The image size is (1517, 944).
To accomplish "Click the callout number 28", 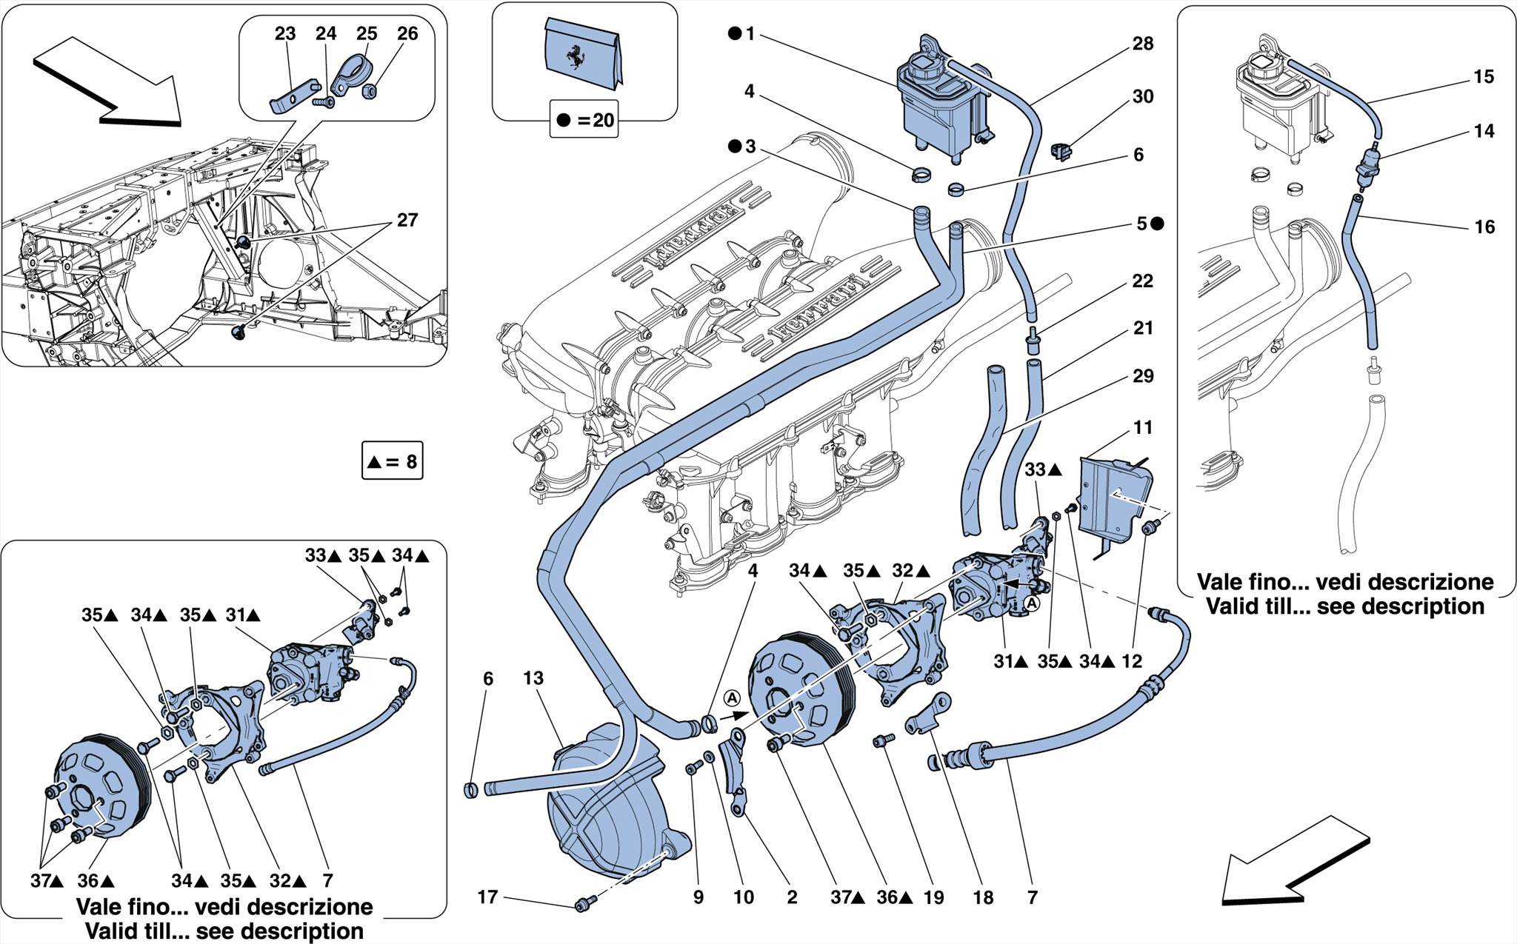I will pyautogui.click(x=1143, y=44).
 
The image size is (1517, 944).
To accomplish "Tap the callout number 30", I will pyautogui.click(x=1143, y=97).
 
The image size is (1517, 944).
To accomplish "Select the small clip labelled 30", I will pyautogui.click(x=1061, y=152).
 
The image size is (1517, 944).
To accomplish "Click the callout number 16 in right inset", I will pyautogui.click(x=1484, y=227).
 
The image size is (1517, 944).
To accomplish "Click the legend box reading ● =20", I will pyautogui.click(x=584, y=120).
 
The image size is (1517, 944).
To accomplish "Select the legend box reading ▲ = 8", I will pyautogui.click(x=393, y=462).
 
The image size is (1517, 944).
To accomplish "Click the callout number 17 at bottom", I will pyautogui.click(x=487, y=897).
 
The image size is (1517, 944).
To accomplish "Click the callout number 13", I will pyautogui.click(x=533, y=678).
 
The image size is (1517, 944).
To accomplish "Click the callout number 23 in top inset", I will pyautogui.click(x=285, y=34).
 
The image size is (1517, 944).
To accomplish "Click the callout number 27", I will pyautogui.click(x=407, y=221).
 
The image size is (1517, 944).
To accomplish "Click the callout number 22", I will pyautogui.click(x=1143, y=281).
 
